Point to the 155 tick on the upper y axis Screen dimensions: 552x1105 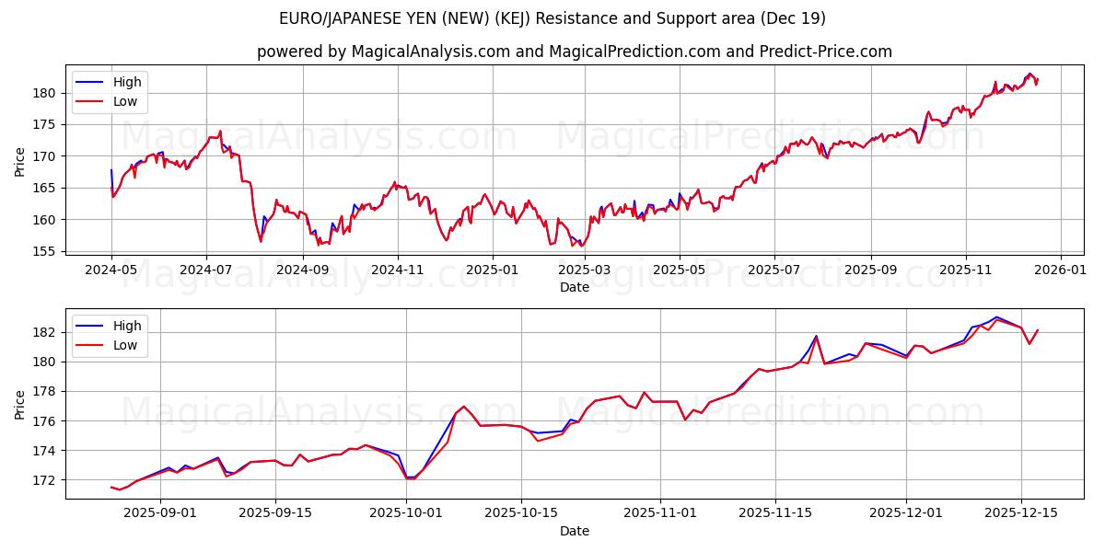(45, 251)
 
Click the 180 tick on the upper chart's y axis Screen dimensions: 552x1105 (45, 93)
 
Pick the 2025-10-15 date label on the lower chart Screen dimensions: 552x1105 (521, 513)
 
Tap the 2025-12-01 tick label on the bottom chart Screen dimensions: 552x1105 (906, 513)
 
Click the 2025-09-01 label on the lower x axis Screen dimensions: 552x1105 (160, 513)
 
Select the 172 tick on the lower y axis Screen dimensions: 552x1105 (45, 480)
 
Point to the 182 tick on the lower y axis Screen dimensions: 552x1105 (45, 332)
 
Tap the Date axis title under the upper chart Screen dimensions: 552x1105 (575, 288)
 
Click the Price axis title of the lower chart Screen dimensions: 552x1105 (20, 404)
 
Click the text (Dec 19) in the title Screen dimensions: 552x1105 (794, 18)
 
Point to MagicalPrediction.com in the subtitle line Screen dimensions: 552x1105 (634, 52)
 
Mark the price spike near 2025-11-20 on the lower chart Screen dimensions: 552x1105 (816, 337)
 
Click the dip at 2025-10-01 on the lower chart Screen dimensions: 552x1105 (411, 478)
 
